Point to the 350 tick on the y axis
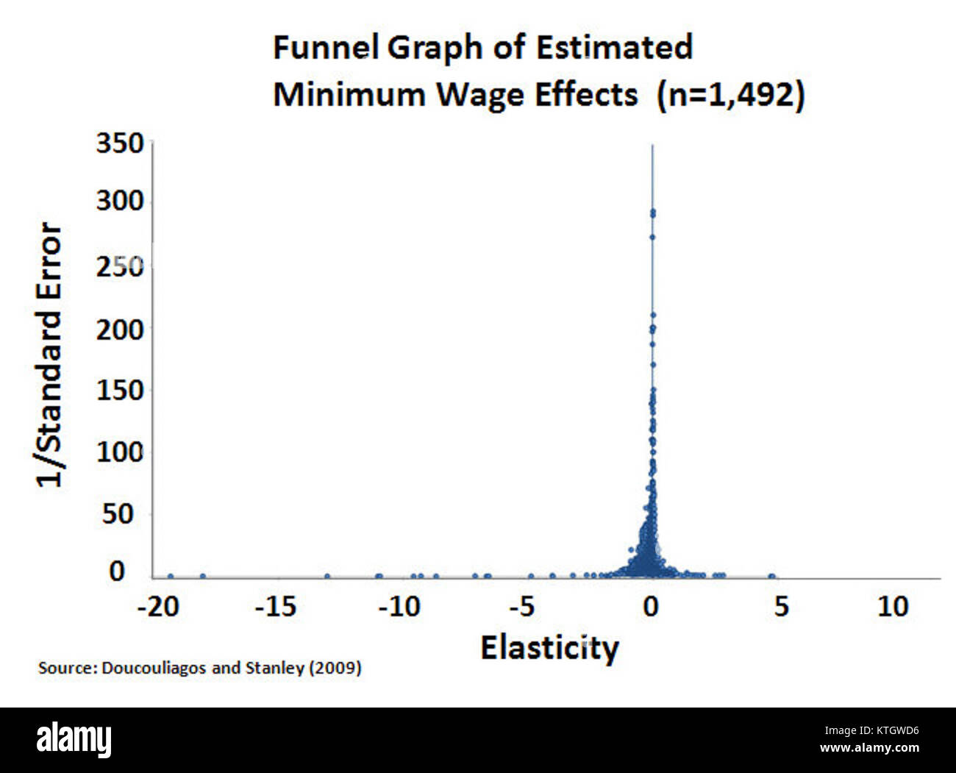(x=120, y=143)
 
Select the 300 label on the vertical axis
(x=120, y=201)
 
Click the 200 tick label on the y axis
(x=120, y=329)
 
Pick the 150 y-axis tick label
(x=120, y=390)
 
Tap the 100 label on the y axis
(x=120, y=452)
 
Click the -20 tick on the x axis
(x=157, y=607)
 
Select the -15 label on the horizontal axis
(x=275, y=607)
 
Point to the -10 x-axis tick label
(x=400, y=607)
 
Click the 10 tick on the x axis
(x=893, y=607)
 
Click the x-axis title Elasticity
(x=549, y=648)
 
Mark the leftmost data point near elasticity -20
(x=171, y=577)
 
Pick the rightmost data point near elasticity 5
(x=771, y=577)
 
